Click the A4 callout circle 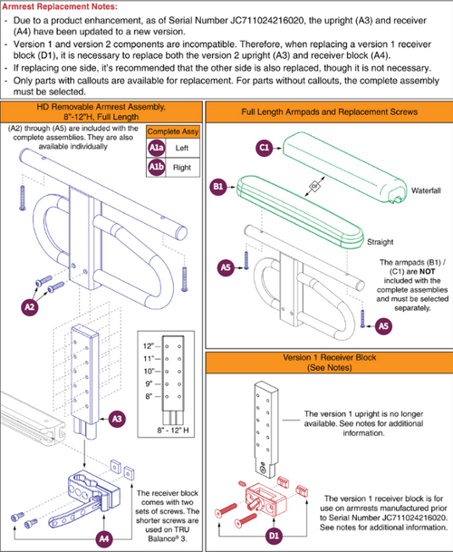(x=104, y=537)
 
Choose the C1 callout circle (x=265, y=145)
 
